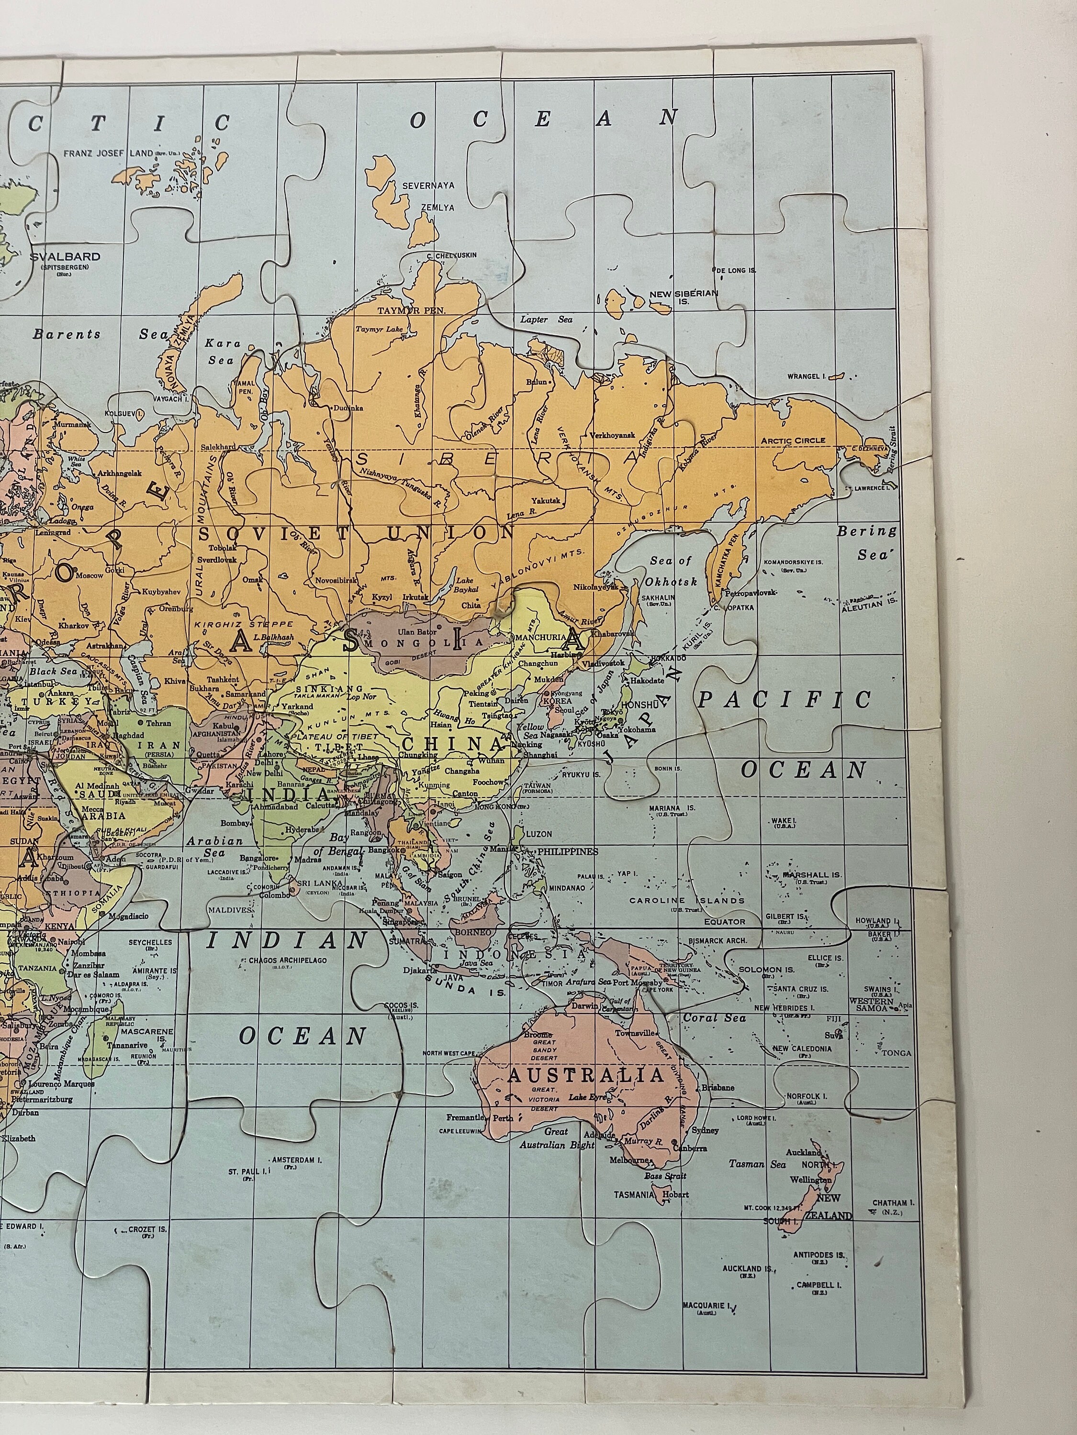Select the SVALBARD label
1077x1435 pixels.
pyautogui.click(x=65, y=257)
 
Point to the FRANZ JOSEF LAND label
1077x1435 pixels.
pyautogui.click(x=108, y=154)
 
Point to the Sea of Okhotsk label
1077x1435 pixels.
pyautogui.click(x=671, y=571)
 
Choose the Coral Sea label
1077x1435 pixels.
pyautogui.click(x=714, y=1018)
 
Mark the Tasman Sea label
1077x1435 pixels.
pyautogui.click(x=756, y=1164)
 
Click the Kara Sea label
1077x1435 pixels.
pyautogui.click(x=223, y=351)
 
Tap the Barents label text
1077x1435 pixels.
pyautogui.click(x=67, y=335)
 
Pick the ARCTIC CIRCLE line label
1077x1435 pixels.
pyautogui.click(x=793, y=441)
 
